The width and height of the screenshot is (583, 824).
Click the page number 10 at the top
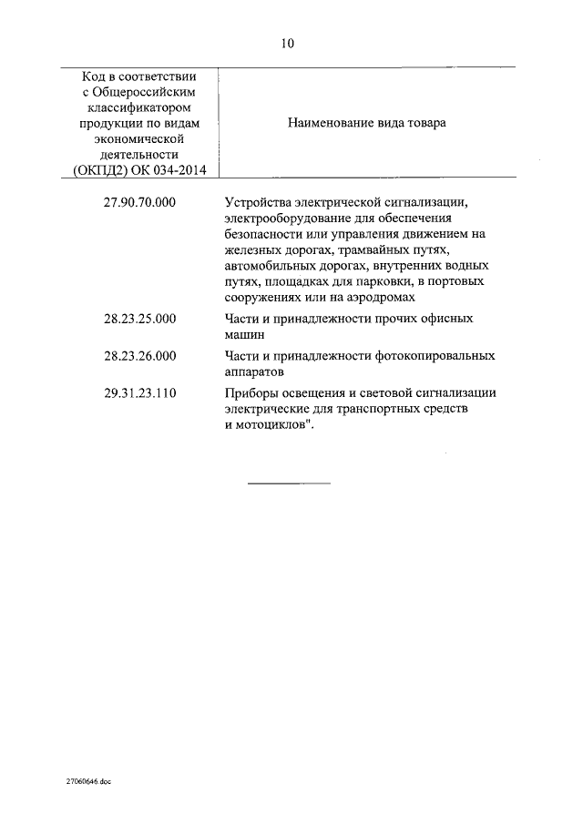pyautogui.click(x=288, y=43)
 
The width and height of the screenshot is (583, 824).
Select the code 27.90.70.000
pyautogui.click(x=140, y=204)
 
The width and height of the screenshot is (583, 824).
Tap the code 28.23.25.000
pyautogui.click(x=140, y=319)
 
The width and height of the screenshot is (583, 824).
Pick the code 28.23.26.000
pyautogui.click(x=140, y=356)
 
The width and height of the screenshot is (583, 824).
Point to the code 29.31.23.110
pyautogui.click(x=140, y=393)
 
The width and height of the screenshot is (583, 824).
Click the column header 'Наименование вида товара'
pyautogui.click(x=367, y=123)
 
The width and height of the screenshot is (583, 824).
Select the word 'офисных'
pyautogui.click(x=453, y=319)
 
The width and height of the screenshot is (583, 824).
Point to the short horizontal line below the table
pyautogui.click(x=289, y=483)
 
